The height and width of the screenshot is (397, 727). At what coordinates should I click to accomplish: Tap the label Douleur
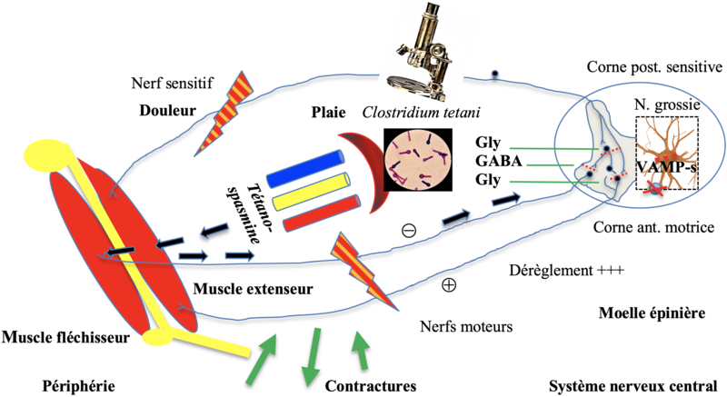coord(168,112)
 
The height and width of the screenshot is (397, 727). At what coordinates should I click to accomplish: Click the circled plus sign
coord(448,284)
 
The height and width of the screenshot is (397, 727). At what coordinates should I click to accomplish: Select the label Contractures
coord(371,384)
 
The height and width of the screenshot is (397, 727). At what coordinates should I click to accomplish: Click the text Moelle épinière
coord(652,313)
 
